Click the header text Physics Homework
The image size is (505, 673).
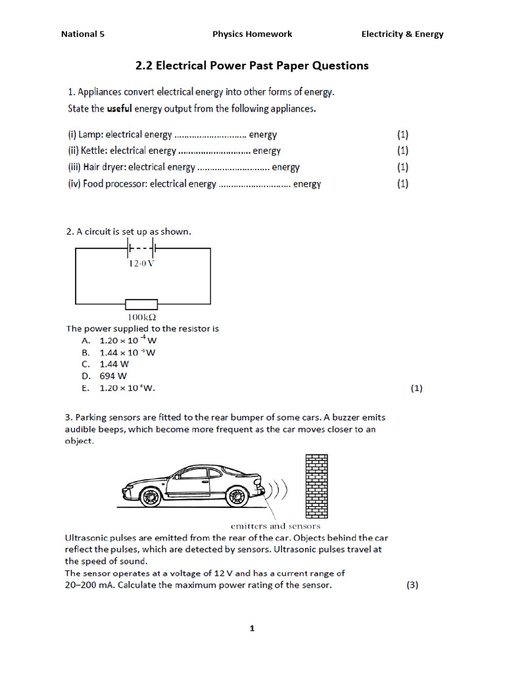pos(252,34)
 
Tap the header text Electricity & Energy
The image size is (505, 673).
pos(402,34)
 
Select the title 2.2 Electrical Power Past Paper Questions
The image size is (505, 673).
pos(252,66)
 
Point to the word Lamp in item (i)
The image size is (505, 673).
pos(91,135)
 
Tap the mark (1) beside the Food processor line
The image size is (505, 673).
pos(402,184)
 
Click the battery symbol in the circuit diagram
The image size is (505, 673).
pos(141,248)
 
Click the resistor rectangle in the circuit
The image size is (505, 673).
pos(141,304)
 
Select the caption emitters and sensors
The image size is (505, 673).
pos(276,526)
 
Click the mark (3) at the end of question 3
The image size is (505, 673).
pos(412,586)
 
